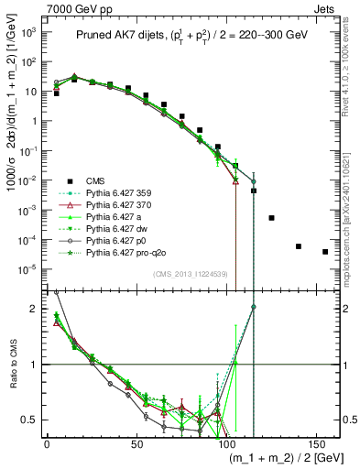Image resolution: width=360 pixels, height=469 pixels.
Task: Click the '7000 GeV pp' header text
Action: (39, 7)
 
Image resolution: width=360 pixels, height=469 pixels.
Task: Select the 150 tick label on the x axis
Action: (316, 444)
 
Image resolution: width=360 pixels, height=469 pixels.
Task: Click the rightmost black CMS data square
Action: (325, 252)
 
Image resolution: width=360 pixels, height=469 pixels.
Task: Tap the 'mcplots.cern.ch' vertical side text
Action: (351, 229)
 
